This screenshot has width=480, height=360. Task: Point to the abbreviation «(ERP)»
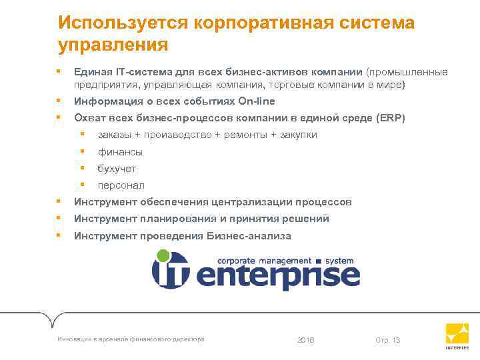tap(390, 118)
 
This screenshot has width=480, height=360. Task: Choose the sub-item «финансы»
tap(120, 152)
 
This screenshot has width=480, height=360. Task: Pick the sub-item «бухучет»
tap(117, 169)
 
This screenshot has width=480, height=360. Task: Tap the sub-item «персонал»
tap(121, 185)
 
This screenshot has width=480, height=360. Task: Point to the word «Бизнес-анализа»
tap(247, 236)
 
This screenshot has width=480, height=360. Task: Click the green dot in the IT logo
tap(163, 255)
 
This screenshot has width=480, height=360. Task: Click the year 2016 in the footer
tap(305, 341)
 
